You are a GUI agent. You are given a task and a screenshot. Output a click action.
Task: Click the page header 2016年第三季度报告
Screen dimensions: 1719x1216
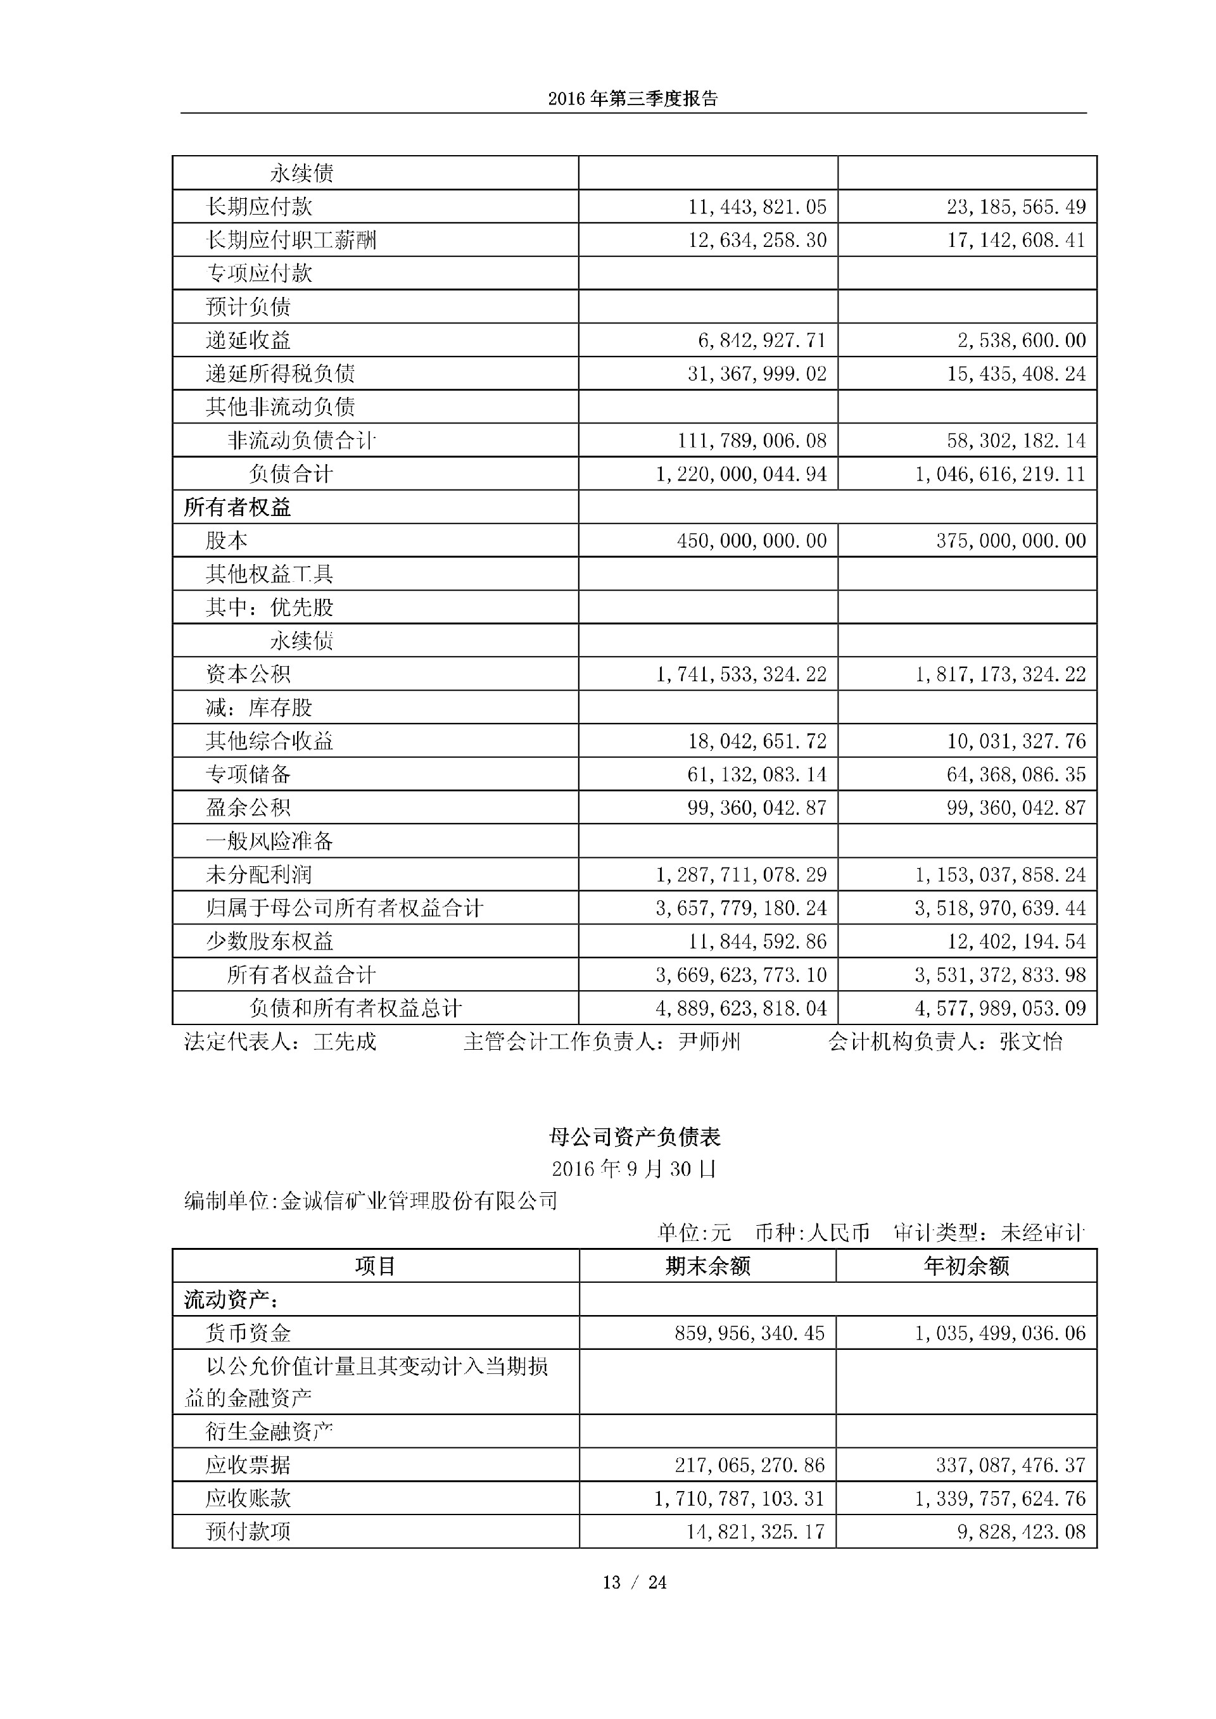tap(633, 99)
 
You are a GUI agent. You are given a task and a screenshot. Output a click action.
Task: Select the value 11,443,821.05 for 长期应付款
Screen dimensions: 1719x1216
tap(757, 206)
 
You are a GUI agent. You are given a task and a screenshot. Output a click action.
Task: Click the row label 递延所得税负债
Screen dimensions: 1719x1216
tap(280, 374)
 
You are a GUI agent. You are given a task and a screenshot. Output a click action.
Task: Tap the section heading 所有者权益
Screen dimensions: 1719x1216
tap(237, 508)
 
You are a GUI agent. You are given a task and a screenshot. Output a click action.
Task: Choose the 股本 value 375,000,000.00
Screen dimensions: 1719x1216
tap(1010, 541)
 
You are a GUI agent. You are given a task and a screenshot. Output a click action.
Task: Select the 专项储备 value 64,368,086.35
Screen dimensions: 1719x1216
tap(1015, 774)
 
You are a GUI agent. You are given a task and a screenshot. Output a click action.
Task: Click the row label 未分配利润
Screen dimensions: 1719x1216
tap(258, 874)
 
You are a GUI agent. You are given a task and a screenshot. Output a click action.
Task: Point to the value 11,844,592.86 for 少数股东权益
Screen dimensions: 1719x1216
tap(757, 941)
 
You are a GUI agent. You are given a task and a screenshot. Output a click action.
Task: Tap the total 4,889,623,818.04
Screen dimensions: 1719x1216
tap(741, 1009)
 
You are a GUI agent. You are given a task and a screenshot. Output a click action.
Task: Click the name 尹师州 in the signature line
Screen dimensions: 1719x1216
tap(709, 1042)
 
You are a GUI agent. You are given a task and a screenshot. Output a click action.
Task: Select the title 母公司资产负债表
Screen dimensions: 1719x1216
tap(634, 1137)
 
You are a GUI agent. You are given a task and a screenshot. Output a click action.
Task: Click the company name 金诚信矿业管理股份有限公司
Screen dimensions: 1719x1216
tap(419, 1201)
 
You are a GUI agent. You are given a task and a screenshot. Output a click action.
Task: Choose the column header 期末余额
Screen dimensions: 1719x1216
tap(707, 1266)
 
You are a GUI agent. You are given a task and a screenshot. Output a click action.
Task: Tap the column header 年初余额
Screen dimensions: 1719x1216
tap(966, 1266)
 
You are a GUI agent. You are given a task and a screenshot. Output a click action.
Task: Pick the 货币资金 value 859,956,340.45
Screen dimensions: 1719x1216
tap(749, 1333)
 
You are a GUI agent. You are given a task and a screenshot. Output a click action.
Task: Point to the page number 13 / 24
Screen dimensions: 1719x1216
tap(634, 1582)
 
